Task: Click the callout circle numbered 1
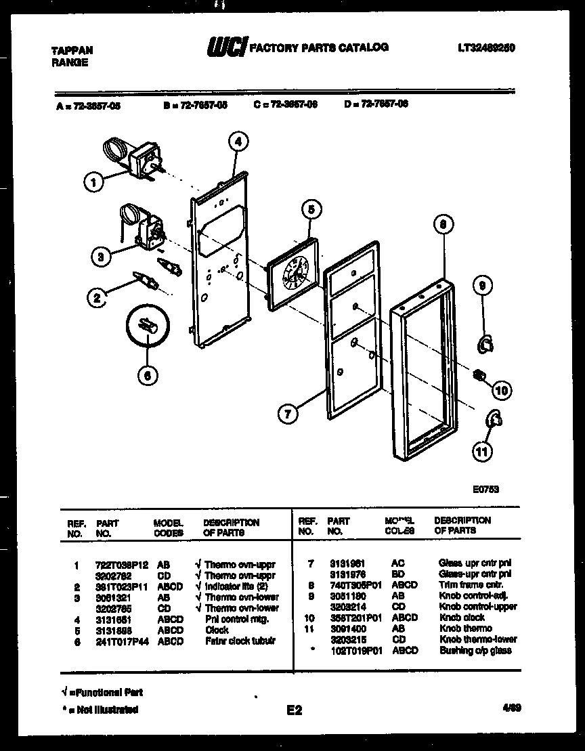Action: (95, 181)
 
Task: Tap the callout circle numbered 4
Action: (237, 142)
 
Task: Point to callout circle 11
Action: (482, 452)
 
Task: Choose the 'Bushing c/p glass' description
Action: (475, 650)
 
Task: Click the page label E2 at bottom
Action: (294, 710)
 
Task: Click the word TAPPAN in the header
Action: (72, 51)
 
